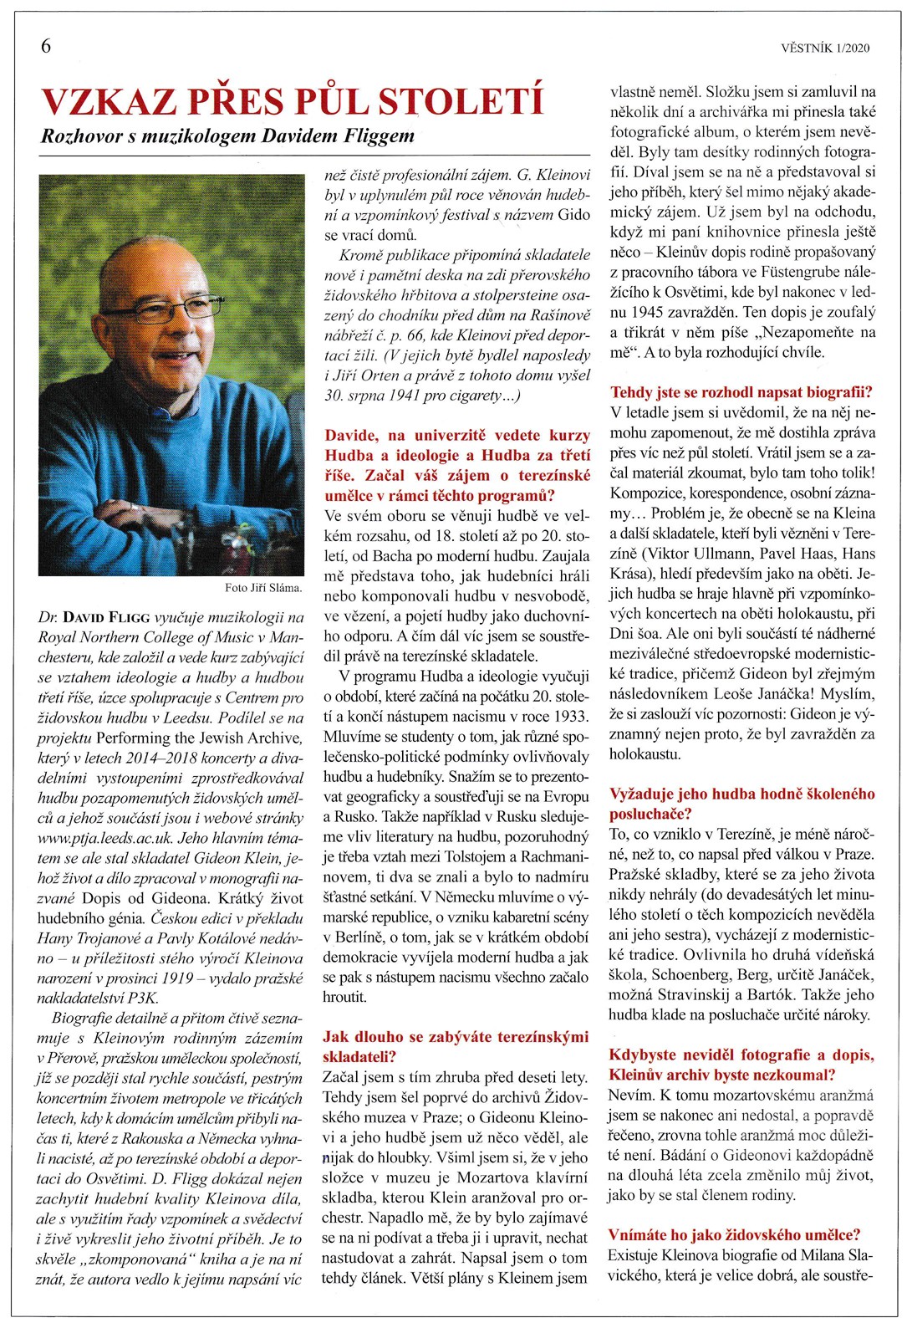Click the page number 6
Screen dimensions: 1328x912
(46, 46)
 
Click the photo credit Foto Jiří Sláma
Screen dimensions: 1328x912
(263, 588)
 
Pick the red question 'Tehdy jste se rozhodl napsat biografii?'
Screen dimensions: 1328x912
(741, 392)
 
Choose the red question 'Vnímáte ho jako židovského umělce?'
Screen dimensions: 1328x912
(735, 1234)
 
